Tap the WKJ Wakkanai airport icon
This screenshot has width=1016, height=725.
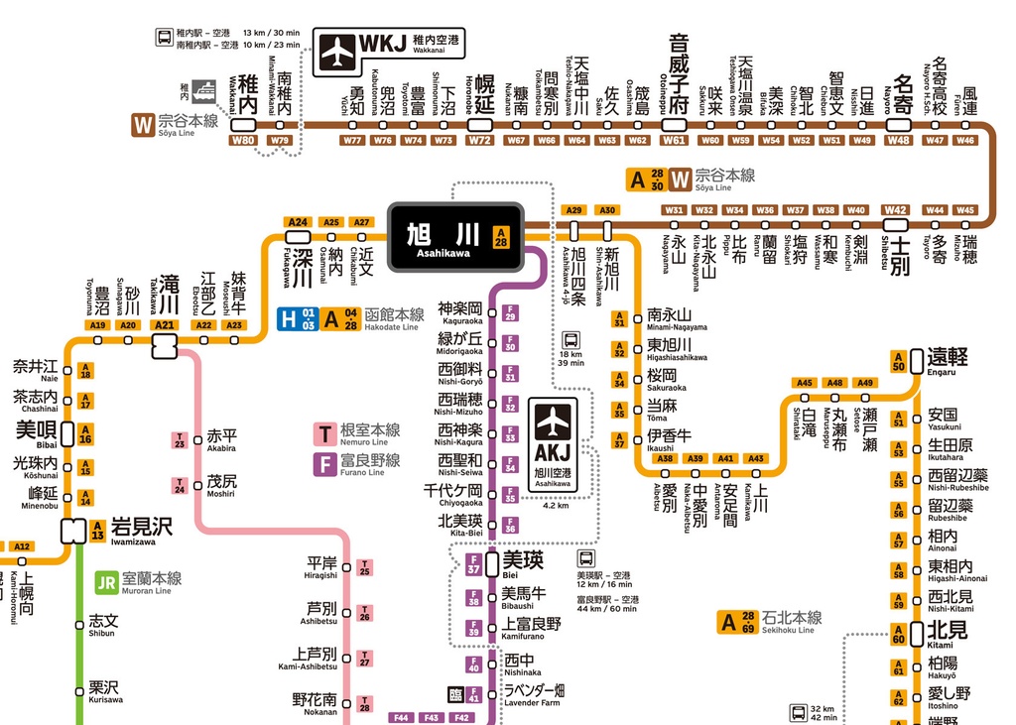(338, 51)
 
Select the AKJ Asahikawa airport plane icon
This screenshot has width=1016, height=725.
(554, 422)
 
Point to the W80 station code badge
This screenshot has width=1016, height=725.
(243, 140)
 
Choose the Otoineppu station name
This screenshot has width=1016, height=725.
(677, 79)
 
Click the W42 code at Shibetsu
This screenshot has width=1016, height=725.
(896, 209)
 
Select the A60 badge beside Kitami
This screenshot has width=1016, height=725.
(898, 639)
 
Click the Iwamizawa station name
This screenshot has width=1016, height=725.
(140, 528)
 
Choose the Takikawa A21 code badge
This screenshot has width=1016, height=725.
(165, 325)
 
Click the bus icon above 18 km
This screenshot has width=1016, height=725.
(571, 338)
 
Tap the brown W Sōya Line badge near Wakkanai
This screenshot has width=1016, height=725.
(143, 124)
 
